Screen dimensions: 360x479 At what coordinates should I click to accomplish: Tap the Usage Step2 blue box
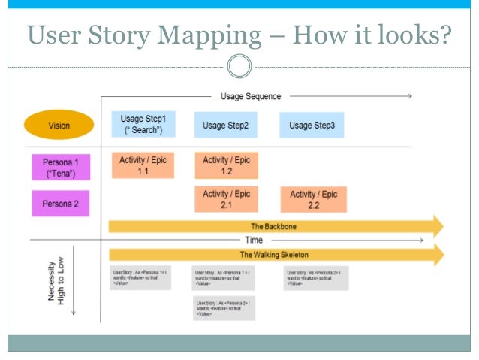(x=226, y=125)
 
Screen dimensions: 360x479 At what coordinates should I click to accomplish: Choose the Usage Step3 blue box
(x=312, y=125)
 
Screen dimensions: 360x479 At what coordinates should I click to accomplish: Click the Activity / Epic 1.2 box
(x=226, y=165)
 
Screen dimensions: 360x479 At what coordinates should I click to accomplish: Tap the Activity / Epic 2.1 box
(x=226, y=199)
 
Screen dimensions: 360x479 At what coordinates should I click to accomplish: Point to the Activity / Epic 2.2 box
(x=313, y=199)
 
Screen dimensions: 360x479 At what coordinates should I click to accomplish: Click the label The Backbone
(x=268, y=225)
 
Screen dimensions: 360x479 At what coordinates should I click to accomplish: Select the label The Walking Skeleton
(x=273, y=255)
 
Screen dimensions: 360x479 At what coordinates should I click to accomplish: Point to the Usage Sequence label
(x=251, y=96)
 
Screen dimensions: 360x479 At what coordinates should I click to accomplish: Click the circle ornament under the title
(x=239, y=67)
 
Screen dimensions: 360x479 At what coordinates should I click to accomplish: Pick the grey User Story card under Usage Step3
(x=315, y=278)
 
